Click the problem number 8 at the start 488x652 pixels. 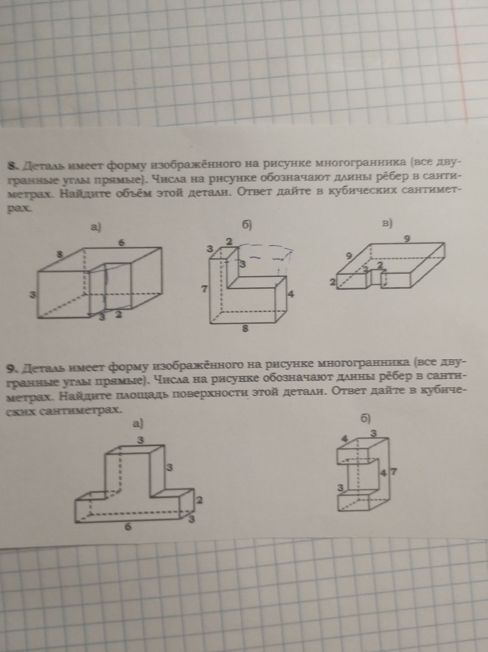tap(13, 166)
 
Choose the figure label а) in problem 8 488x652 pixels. tap(96, 228)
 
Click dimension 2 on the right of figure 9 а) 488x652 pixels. tap(200, 500)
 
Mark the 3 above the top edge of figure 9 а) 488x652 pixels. tap(139, 440)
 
